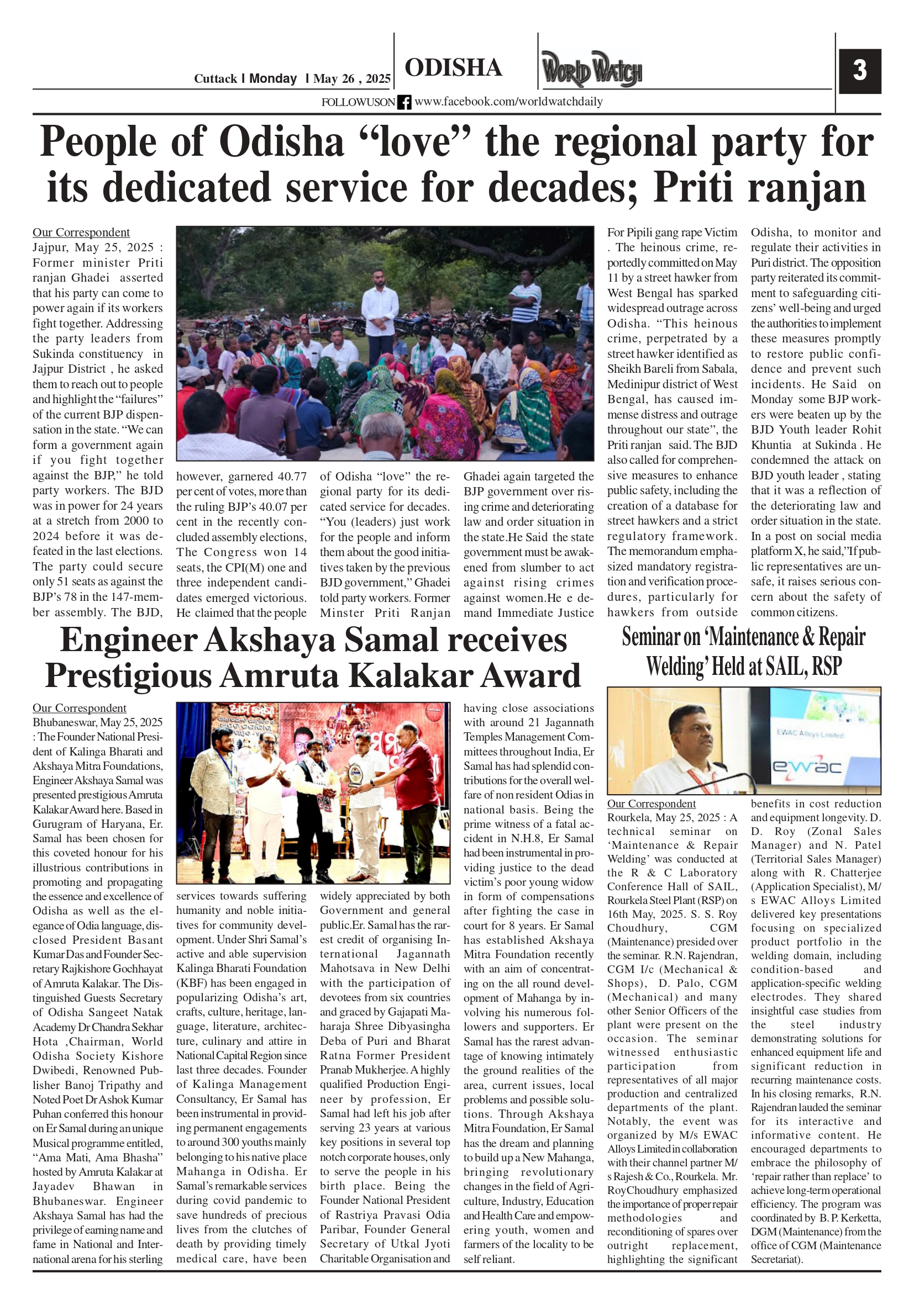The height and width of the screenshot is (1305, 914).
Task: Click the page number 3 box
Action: [859, 71]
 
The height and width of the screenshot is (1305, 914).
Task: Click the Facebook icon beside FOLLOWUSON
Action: [404, 102]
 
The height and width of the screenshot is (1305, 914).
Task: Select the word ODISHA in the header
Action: [453, 67]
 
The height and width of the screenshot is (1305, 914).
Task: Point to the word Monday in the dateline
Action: [272, 78]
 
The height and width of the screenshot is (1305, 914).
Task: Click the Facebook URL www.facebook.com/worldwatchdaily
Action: [508, 102]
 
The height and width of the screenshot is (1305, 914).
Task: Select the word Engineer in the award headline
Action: [129, 640]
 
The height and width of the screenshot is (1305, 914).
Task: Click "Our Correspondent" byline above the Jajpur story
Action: [81, 233]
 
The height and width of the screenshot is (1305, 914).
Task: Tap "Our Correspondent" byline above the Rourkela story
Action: [650, 804]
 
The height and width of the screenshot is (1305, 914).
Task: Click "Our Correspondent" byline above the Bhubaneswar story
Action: [79, 708]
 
